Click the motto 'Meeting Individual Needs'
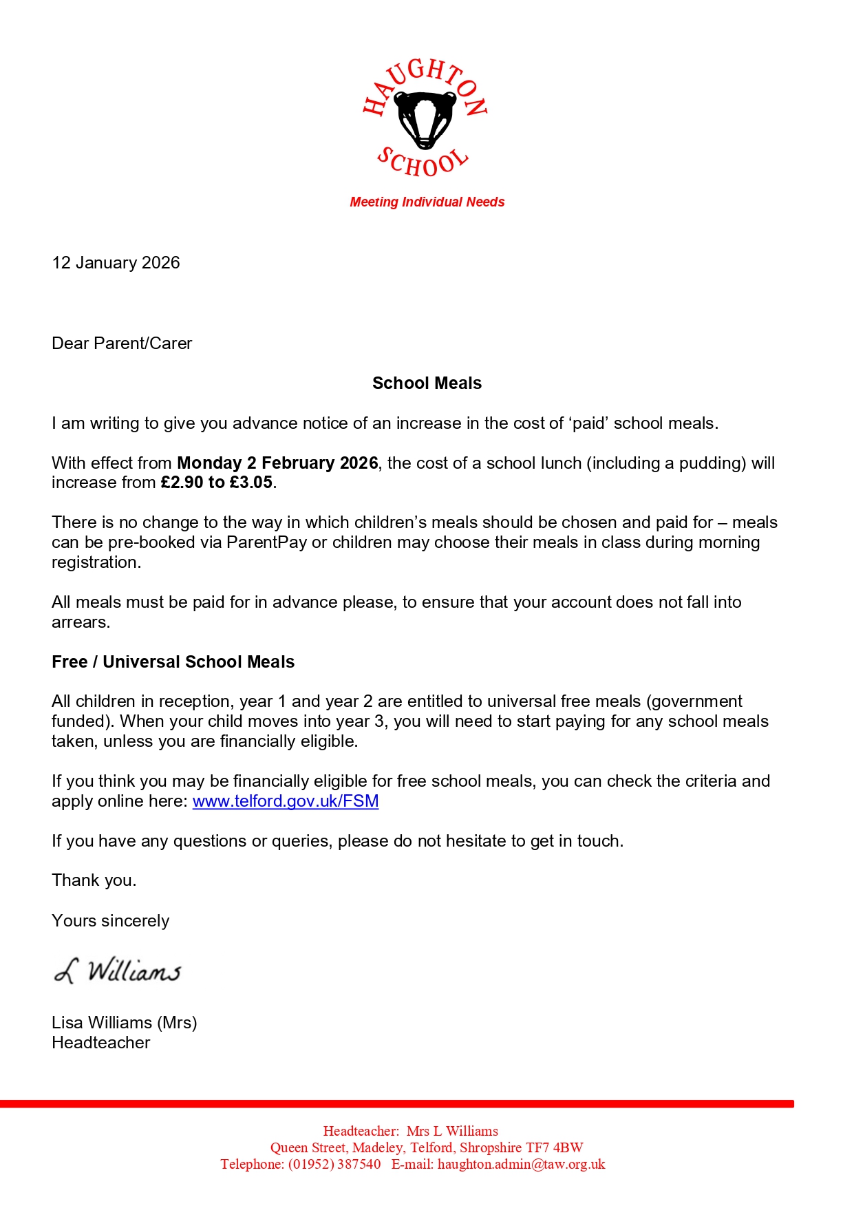pos(427,202)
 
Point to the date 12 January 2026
pos(116,263)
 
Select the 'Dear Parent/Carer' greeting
pos(122,343)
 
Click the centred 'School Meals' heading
pos(427,383)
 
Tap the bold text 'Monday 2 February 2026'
pos(277,463)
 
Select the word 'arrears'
pos(80,622)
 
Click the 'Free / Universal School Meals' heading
pos(173,662)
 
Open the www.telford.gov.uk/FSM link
pos(286,801)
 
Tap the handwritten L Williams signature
pos(118,971)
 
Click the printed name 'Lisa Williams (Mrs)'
pos(125,1023)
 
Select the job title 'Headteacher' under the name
pos(101,1043)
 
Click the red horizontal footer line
pos(396,1104)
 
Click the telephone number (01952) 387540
pos(334,1164)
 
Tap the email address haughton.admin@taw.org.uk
pos(521,1164)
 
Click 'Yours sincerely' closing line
pos(110,921)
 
